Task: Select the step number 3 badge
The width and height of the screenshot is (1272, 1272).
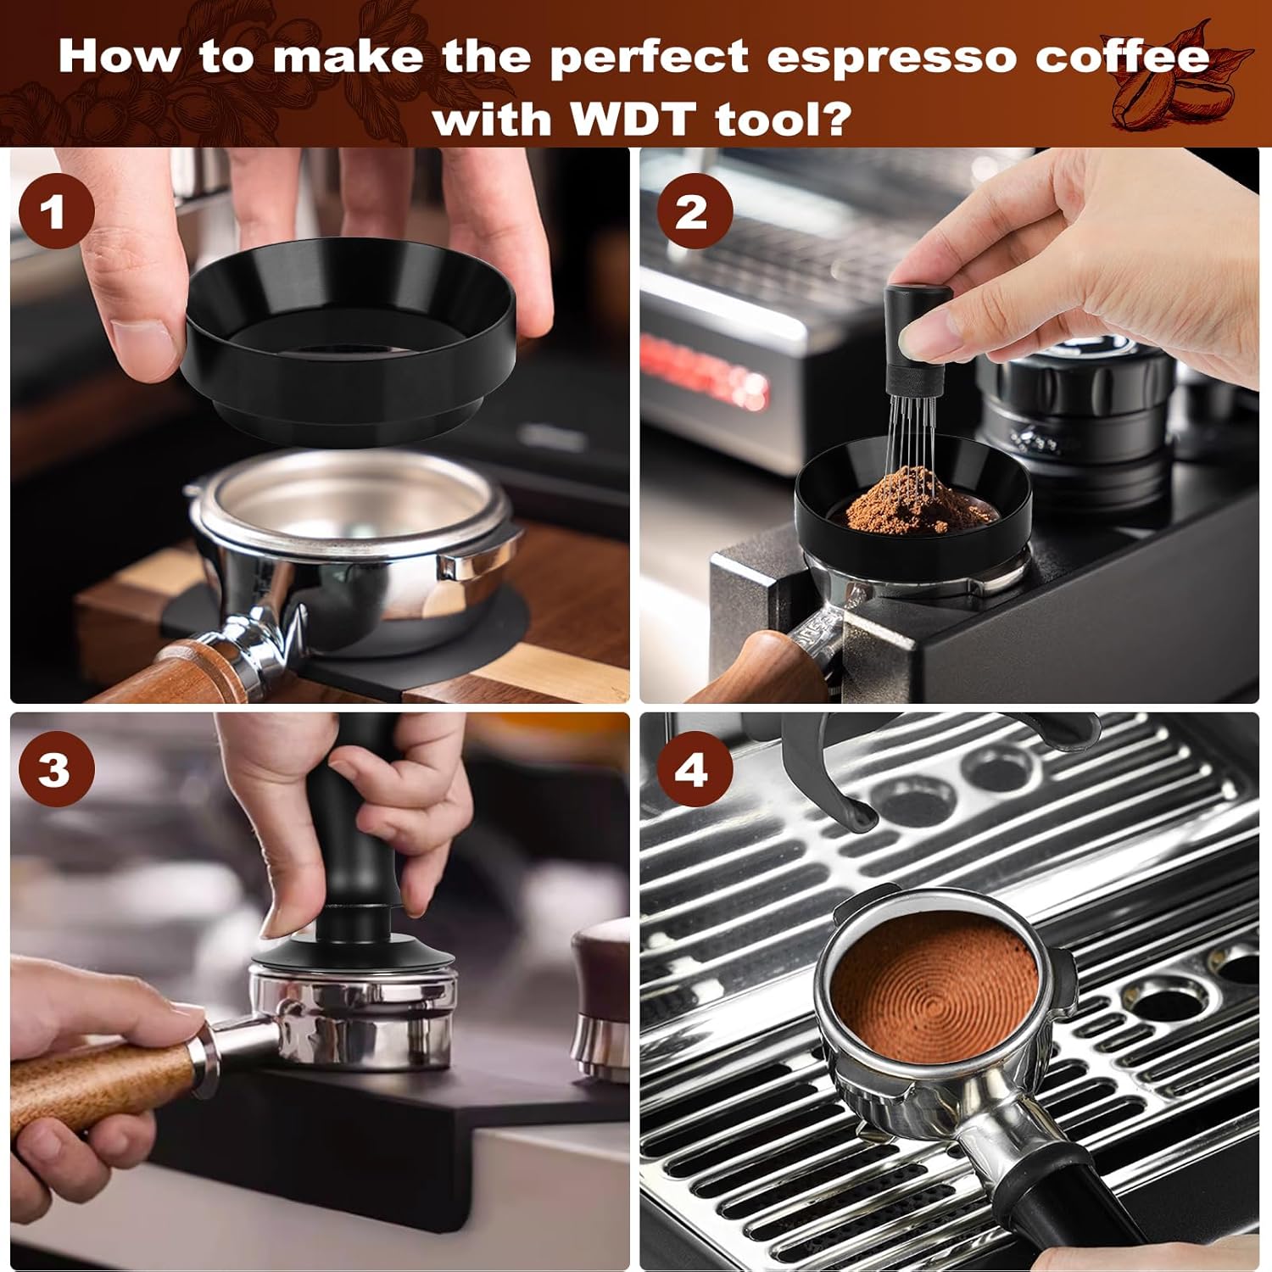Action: (x=56, y=769)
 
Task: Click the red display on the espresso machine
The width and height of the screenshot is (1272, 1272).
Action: (x=704, y=373)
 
